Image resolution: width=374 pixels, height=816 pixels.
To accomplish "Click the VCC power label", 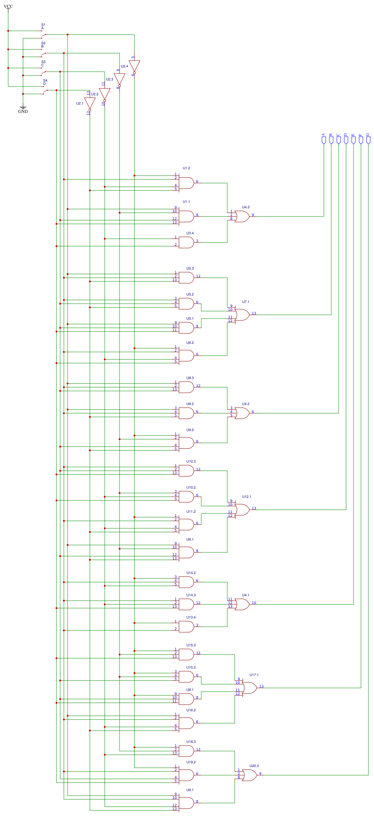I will (8, 6).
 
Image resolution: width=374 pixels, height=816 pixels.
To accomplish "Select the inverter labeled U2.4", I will (134, 66).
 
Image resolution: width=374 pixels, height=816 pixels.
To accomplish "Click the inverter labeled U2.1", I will (90, 104).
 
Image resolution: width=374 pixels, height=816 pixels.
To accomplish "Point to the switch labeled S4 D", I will (45, 92).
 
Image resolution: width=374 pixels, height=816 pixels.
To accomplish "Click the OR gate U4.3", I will (242, 216).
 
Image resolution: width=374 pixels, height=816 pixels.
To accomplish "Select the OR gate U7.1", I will (242, 315).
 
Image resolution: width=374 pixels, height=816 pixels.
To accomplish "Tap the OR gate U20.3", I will (249, 775).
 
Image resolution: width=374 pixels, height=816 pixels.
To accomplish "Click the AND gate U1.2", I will (186, 183).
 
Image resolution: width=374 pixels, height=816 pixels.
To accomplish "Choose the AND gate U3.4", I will (186, 242).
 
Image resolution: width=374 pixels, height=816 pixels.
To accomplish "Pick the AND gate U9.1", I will (186, 803).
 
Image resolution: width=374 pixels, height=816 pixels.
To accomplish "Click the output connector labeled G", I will (368, 140).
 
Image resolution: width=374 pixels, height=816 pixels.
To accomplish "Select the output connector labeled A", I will (323, 140).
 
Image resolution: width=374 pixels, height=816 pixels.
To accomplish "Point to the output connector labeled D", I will (346, 140).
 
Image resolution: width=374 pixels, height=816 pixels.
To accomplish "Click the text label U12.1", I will (247, 497).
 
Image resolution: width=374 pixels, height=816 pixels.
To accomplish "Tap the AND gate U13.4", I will (186, 627).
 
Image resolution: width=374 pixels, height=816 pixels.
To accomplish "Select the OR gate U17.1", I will (249, 688).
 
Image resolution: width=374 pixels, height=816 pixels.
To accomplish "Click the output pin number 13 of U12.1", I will (254, 508).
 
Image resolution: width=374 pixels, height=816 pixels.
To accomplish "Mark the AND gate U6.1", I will (186, 552).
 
